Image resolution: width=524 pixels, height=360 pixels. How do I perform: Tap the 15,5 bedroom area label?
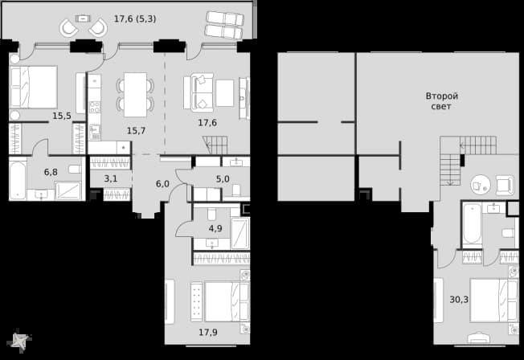click(x=62, y=116)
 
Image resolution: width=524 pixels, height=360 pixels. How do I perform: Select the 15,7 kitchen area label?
click(x=137, y=131)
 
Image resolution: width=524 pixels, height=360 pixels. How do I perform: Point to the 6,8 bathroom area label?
click(x=51, y=172)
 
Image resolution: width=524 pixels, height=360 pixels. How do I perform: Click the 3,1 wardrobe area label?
click(x=111, y=179)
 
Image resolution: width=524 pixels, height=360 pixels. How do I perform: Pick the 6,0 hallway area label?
click(x=162, y=183)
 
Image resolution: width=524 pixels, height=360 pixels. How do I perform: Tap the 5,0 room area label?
click(x=223, y=179)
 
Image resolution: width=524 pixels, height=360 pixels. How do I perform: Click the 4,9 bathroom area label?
click(x=215, y=229)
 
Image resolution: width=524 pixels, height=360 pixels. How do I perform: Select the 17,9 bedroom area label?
click(x=208, y=332)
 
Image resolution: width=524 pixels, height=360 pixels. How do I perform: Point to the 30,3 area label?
click(x=459, y=300)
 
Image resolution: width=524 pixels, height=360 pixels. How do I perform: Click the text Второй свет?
click(x=442, y=101)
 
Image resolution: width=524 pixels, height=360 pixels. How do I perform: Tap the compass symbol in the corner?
click(x=20, y=341)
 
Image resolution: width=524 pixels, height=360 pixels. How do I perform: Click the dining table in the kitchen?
click(x=135, y=95)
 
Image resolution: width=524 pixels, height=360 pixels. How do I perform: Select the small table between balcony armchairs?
click(x=82, y=18)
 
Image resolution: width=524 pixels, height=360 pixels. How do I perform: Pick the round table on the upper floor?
click(x=481, y=185)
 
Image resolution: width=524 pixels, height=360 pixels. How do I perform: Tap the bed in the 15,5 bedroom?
click(x=34, y=87)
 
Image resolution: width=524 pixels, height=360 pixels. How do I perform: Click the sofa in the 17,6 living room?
click(x=199, y=92)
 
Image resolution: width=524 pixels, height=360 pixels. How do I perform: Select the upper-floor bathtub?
click(x=473, y=223)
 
